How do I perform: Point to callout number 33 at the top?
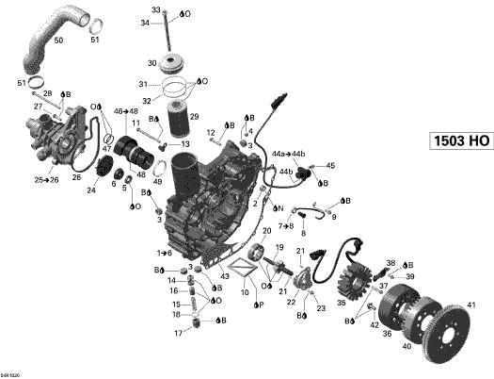pyautogui.click(x=156, y=9)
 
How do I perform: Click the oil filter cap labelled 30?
pyautogui.click(x=172, y=63)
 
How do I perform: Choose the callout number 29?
pyautogui.click(x=195, y=116)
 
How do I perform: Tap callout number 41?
pyautogui.click(x=472, y=304)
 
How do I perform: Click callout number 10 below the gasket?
pyautogui.click(x=245, y=292)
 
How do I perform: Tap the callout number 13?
pyautogui.click(x=186, y=144)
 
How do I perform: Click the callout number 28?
pyautogui.click(x=47, y=93)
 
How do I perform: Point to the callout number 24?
pyautogui.click(x=90, y=189)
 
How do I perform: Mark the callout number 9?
pyautogui.click(x=333, y=218)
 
